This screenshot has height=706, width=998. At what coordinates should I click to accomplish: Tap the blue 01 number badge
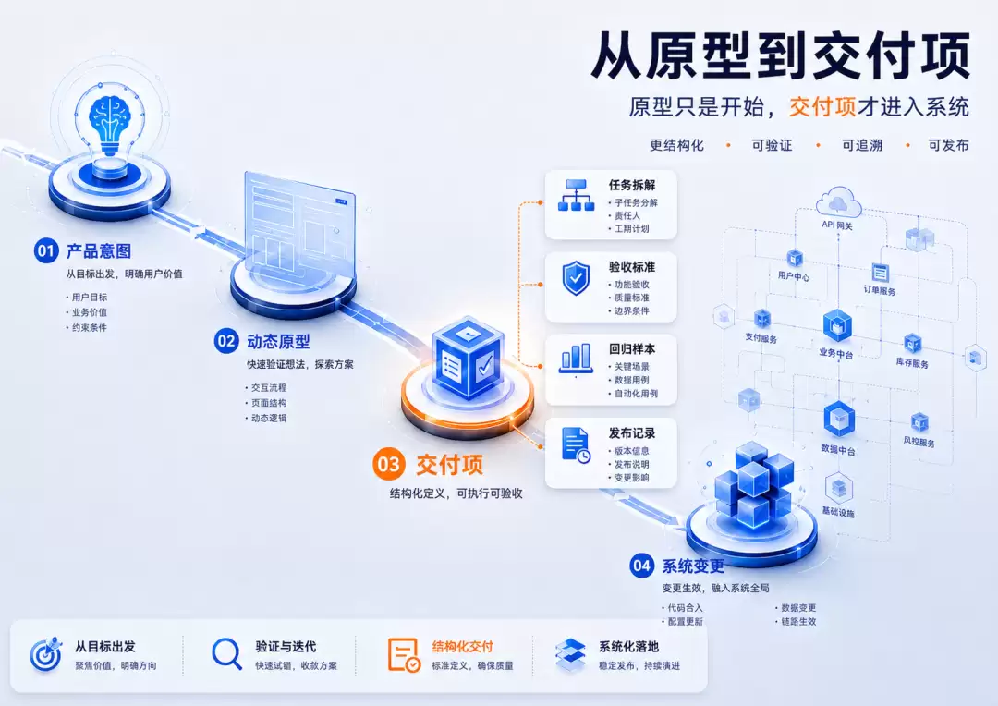pos(46,250)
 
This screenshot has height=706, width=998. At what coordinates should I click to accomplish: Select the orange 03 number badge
pos(389,464)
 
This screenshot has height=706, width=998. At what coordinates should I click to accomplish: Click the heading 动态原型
pos(278,342)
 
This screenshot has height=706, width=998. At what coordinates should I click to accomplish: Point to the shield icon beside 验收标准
pos(576,278)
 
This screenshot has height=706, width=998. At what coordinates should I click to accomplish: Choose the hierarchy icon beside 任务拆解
pos(576,195)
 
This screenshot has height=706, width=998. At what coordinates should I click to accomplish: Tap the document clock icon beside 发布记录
pos(576,444)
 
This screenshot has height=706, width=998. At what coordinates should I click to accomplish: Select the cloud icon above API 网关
pos(838,202)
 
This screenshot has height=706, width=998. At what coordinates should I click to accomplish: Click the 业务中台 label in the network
pos(835,353)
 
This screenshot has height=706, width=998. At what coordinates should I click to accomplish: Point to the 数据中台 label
pos(837,449)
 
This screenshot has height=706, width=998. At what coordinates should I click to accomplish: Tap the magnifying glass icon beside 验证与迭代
pos(226,654)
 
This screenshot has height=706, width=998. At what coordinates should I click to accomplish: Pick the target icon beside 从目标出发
pos(46,654)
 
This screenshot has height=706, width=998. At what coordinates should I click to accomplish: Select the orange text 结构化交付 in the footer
pos(463,647)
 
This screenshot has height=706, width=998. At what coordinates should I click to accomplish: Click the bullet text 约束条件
pos(89,328)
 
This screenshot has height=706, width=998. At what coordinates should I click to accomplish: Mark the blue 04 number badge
pos(641,566)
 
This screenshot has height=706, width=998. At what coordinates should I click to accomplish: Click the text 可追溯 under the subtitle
pos(862,145)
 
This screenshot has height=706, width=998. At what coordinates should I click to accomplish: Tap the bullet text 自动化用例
pos(636,394)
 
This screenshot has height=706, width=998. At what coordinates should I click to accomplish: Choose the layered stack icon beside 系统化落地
pos(570,655)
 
